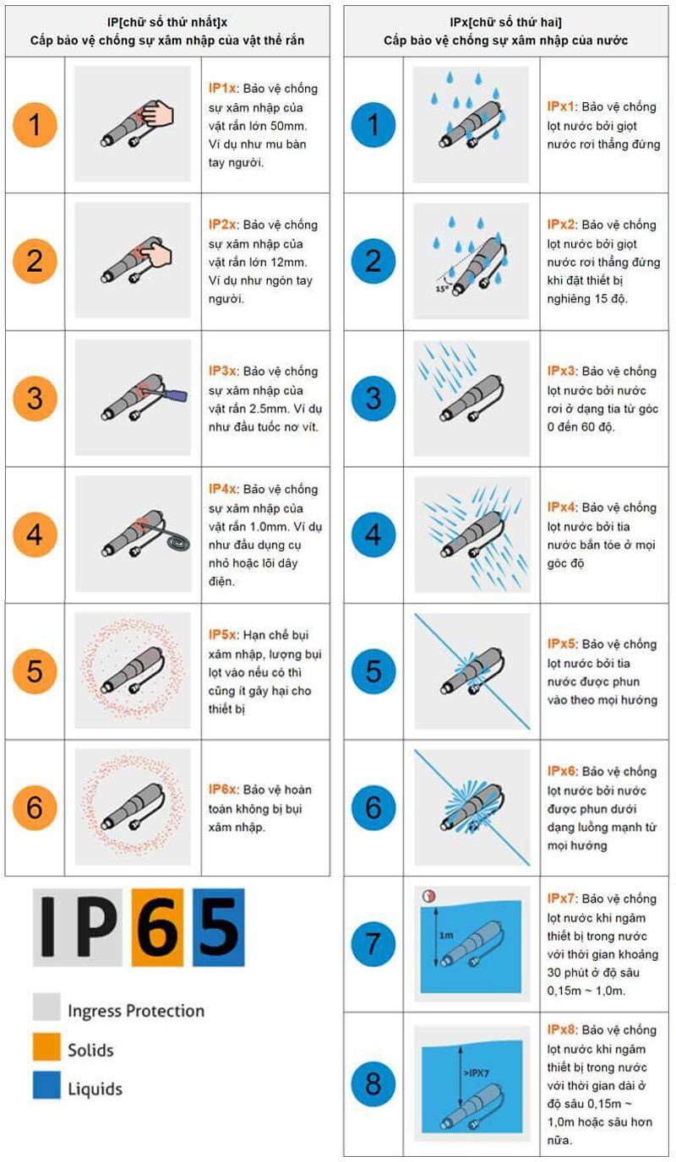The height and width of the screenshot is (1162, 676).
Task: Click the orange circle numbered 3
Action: [x=35, y=398]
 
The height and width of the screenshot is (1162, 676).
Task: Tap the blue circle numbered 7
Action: [x=373, y=944]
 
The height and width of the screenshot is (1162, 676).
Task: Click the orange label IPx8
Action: [x=562, y=1029]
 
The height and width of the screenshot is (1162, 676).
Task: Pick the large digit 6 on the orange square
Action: [x=157, y=927]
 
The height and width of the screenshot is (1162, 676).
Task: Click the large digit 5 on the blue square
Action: [x=218, y=927]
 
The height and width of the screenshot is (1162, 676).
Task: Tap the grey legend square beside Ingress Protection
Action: [x=46, y=1010]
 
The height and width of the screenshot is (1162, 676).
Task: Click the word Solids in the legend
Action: [x=90, y=1050]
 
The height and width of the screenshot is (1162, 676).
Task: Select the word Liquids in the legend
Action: [x=95, y=1089]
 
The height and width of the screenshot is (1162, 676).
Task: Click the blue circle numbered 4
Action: [x=373, y=535]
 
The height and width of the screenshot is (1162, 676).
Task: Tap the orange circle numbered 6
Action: [x=35, y=807]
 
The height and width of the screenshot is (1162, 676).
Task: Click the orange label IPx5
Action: [x=562, y=643]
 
